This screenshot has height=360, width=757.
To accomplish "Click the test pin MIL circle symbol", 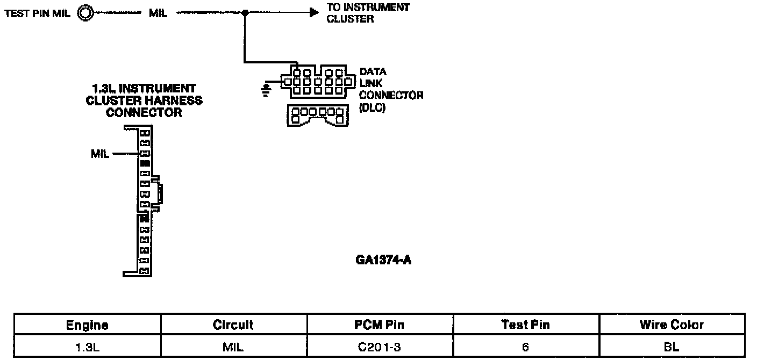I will pos(85,13).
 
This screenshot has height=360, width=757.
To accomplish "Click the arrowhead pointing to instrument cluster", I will pos(314,13).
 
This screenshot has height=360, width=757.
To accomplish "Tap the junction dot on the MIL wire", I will pos(245,13).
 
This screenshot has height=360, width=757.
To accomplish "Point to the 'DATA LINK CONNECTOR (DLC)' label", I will pos(390,90).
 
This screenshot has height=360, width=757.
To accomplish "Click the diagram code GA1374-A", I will pos(383,261).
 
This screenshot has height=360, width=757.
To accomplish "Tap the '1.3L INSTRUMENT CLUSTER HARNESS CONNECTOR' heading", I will pos(144,100).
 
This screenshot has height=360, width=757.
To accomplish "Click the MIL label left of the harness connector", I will pos(101,154).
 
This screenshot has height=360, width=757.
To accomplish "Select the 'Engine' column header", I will pos(87,325).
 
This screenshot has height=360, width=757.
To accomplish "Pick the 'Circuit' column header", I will pos(233,325).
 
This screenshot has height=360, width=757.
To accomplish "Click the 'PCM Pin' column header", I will pos(380,325).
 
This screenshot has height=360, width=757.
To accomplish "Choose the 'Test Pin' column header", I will pos(525,325).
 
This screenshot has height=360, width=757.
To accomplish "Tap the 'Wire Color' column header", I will pos(672,325).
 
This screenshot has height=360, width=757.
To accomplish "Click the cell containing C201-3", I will pos(380,347).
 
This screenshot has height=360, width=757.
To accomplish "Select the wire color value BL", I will pos(672,347).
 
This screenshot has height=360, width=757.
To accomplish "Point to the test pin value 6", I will pos(525,347).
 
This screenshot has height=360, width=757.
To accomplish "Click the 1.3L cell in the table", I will pos(87,347).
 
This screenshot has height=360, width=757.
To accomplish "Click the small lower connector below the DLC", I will pos(316,115).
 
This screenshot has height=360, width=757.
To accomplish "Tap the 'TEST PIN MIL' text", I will pos(38,13).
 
